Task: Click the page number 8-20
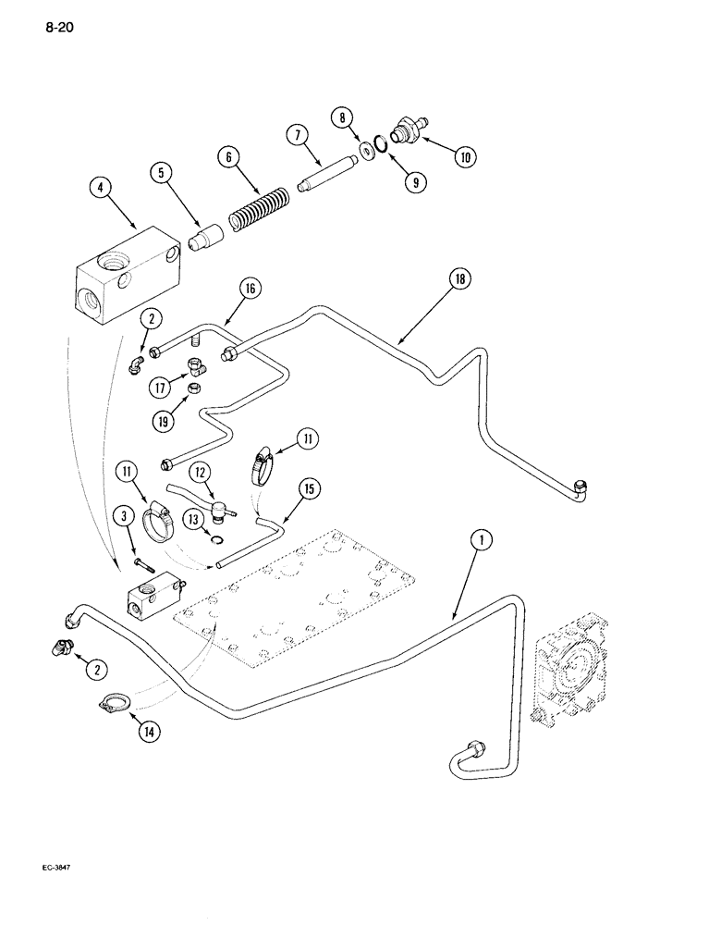[56, 29]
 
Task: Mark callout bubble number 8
[344, 117]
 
